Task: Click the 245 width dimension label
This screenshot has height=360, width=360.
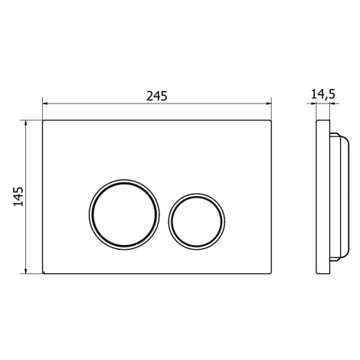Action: pos(157,96)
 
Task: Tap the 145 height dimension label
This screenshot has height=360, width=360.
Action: pos(18,197)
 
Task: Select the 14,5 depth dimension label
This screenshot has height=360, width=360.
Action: pos(322,94)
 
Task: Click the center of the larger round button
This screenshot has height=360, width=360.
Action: pos(124,214)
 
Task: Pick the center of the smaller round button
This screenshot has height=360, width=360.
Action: pos(197,221)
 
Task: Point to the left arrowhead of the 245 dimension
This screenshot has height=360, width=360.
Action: pos(45,103)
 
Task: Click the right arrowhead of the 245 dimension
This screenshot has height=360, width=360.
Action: pos(269,103)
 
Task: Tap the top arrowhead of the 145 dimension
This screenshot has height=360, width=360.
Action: pos(25,123)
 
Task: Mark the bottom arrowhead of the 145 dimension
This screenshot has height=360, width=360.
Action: pos(25,271)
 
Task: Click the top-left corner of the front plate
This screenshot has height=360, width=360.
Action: pos(43,120)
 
